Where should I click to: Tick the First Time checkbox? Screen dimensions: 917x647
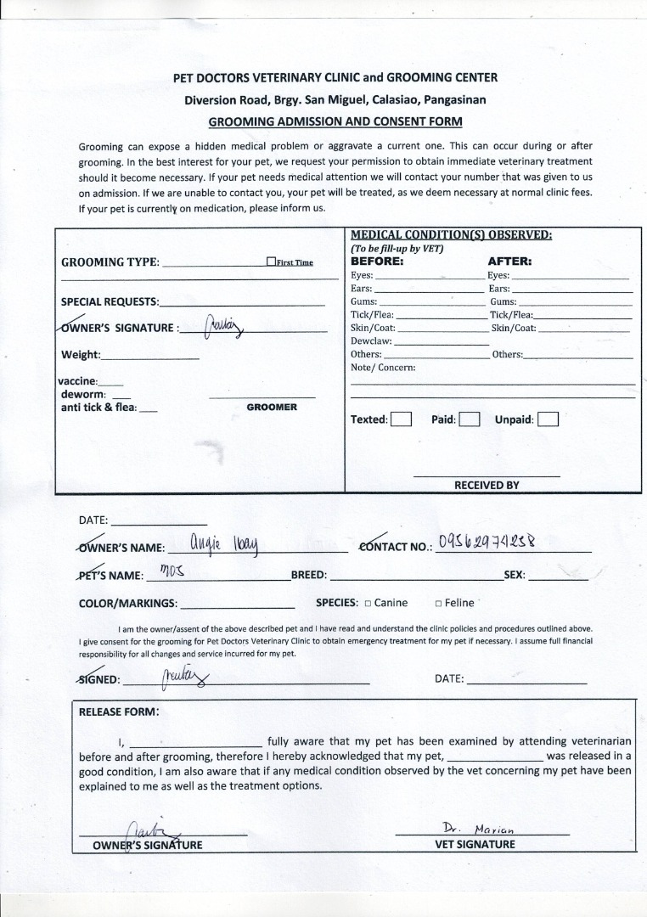[x=271, y=262]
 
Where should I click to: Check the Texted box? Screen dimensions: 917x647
[x=401, y=419]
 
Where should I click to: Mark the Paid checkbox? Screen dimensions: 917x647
[x=470, y=419]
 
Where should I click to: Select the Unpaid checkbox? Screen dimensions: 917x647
[x=548, y=419]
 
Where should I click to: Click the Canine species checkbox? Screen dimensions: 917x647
[x=368, y=604]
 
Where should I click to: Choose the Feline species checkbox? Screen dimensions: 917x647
[x=438, y=604]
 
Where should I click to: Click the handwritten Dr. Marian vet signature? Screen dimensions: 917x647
[x=479, y=828]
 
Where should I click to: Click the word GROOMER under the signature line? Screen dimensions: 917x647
[x=272, y=408]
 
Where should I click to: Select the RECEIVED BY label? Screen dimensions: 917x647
[x=487, y=485]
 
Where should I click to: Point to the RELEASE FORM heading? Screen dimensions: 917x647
[x=118, y=712]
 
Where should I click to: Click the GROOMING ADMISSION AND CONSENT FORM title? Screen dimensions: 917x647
[x=335, y=121]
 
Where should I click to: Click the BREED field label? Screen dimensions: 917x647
[x=309, y=575]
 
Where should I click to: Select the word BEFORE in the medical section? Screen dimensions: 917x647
[x=378, y=262]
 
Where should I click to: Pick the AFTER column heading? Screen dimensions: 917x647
[x=509, y=262]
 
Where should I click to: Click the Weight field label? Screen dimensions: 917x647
[x=81, y=355]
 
